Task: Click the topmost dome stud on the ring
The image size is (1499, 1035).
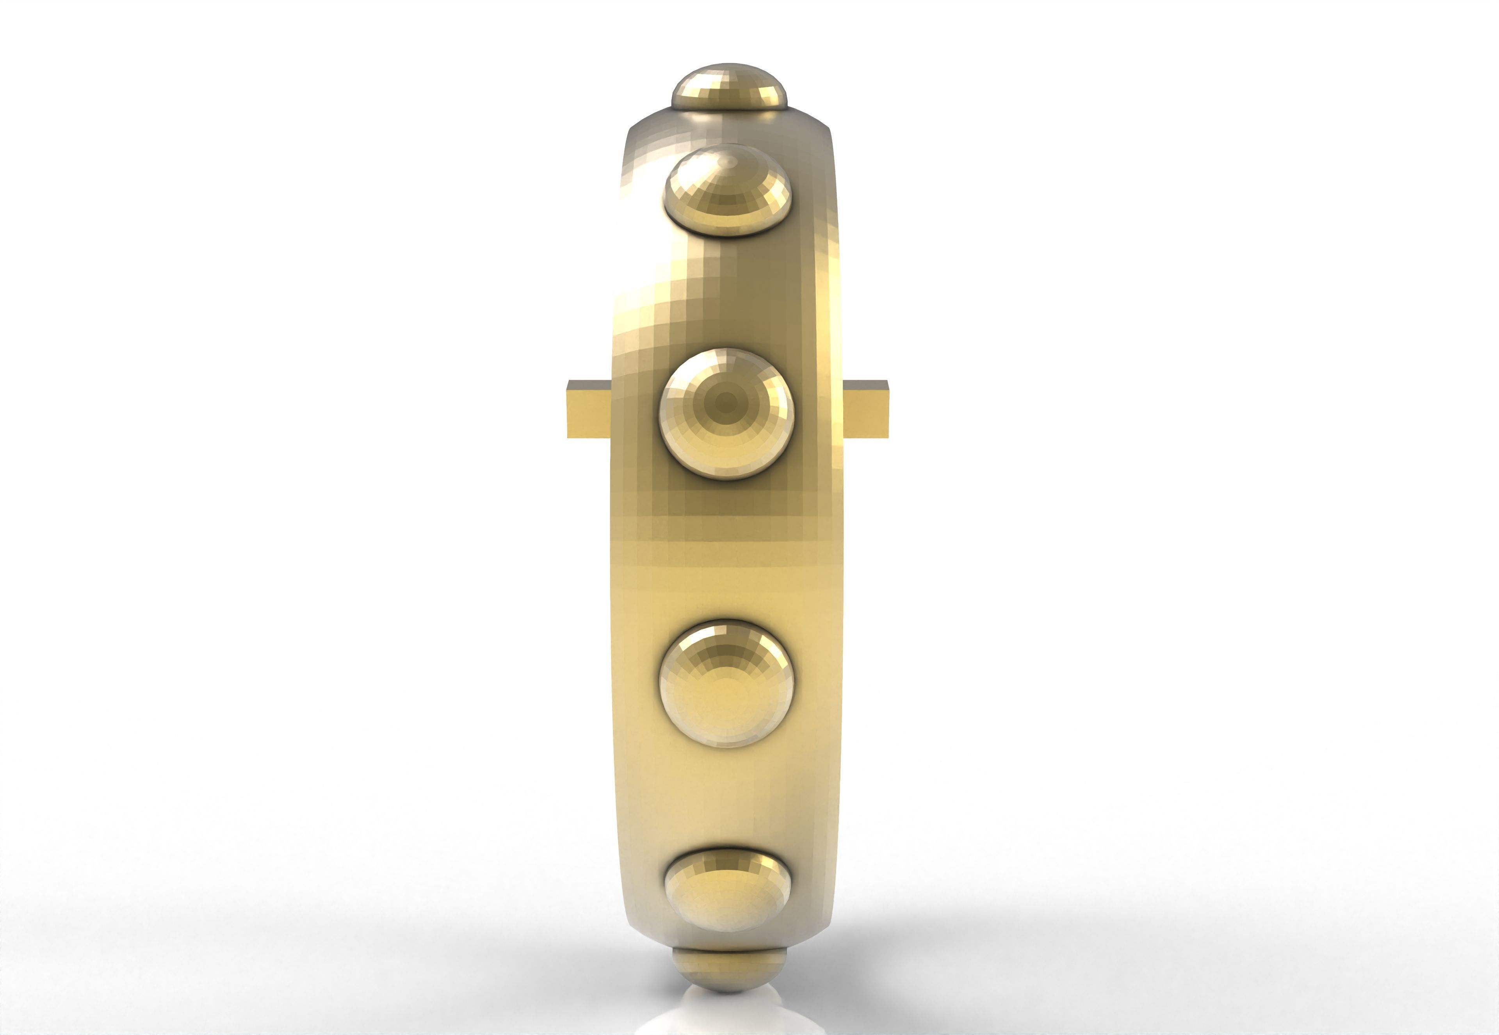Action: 730,87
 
